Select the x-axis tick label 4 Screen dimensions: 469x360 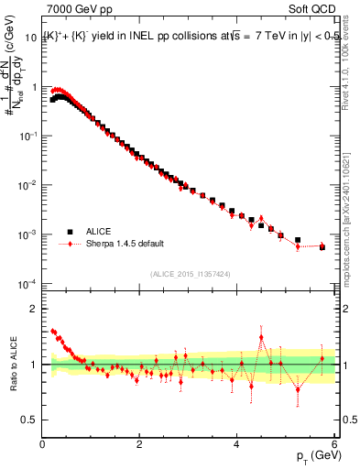click(x=237, y=444)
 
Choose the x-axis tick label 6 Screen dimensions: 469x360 click(x=334, y=444)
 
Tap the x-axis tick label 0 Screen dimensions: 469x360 click(x=43, y=444)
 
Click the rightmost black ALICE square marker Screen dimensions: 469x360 click(x=322, y=247)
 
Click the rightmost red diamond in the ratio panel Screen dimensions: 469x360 click(x=322, y=358)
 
